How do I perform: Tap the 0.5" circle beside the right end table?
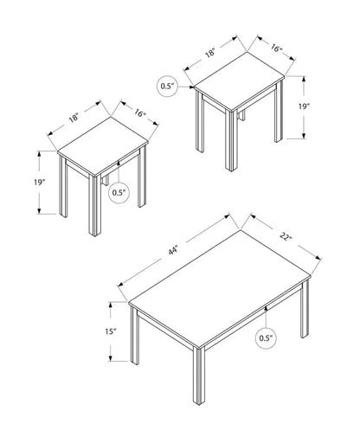167,86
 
